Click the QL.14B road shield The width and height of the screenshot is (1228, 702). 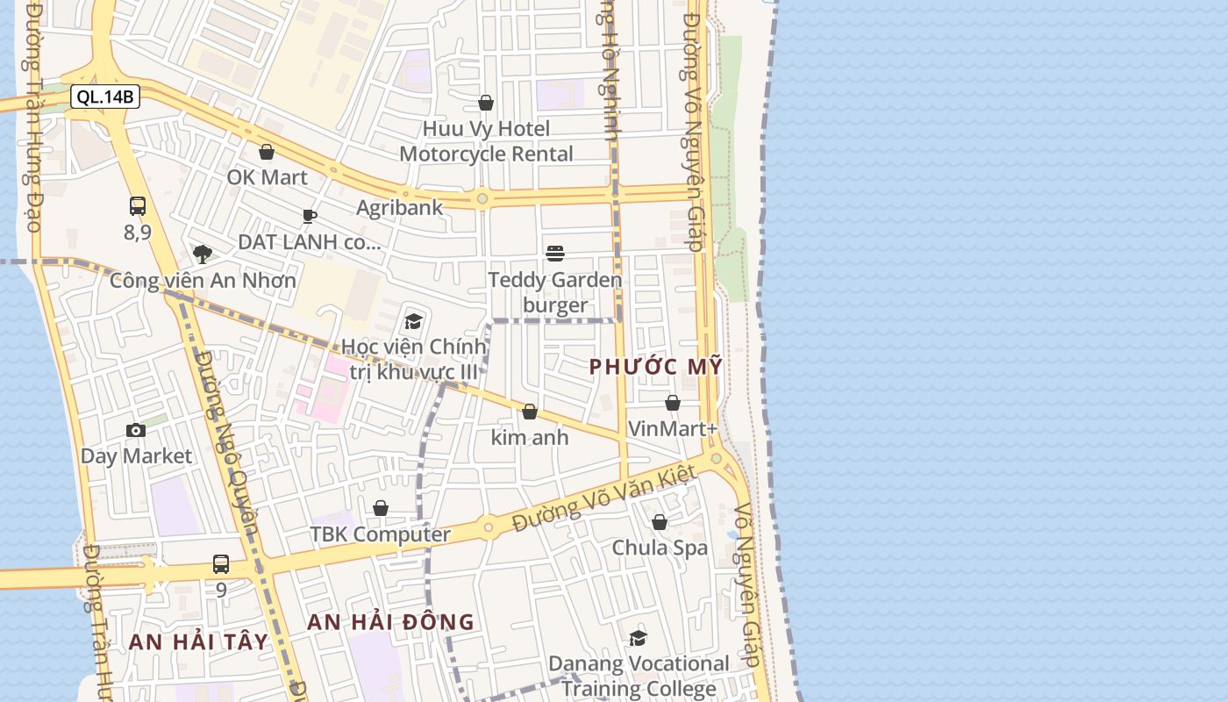(x=105, y=97)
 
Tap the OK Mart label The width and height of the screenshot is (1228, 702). (x=268, y=177)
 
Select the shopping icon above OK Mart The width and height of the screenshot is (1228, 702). (x=267, y=152)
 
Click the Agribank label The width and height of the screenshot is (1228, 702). (x=400, y=208)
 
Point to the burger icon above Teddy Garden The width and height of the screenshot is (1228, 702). (x=555, y=254)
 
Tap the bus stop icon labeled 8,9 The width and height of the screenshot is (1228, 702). (x=138, y=206)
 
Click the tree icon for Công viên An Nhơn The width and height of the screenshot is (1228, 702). (x=203, y=254)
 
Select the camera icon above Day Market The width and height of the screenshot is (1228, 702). (x=136, y=430)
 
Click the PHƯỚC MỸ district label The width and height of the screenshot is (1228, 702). (x=656, y=367)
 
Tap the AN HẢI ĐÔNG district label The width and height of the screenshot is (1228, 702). (x=390, y=622)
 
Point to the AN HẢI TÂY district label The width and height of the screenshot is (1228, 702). (x=198, y=641)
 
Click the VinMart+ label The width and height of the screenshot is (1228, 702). (x=673, y=429)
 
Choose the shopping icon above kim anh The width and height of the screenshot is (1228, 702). (x=530, y=412)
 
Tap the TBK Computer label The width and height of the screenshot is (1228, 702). (x=381, y=534)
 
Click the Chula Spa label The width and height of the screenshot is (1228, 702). (x=660, y=548)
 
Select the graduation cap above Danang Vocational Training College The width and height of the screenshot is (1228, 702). (x=638, y=638)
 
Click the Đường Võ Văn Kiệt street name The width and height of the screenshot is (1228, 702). (x=604, y=498)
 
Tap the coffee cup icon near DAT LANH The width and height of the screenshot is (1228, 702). (x=309, y=216)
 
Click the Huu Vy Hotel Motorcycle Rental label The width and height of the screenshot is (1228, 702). (x=486, y=141)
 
